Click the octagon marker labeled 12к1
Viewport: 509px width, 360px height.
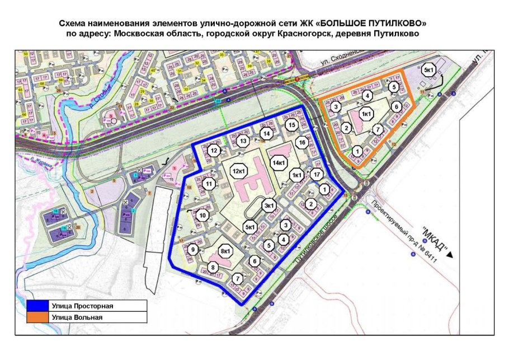240,170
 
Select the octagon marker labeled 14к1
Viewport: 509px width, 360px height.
279,163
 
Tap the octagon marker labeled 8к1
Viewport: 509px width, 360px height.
226,251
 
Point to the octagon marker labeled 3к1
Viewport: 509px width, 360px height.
270,205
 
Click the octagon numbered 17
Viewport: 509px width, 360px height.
317,175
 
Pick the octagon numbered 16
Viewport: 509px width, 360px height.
302,143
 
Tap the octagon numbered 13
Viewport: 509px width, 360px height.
242,142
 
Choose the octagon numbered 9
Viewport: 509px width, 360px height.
194,250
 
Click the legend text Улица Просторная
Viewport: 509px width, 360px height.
82,306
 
